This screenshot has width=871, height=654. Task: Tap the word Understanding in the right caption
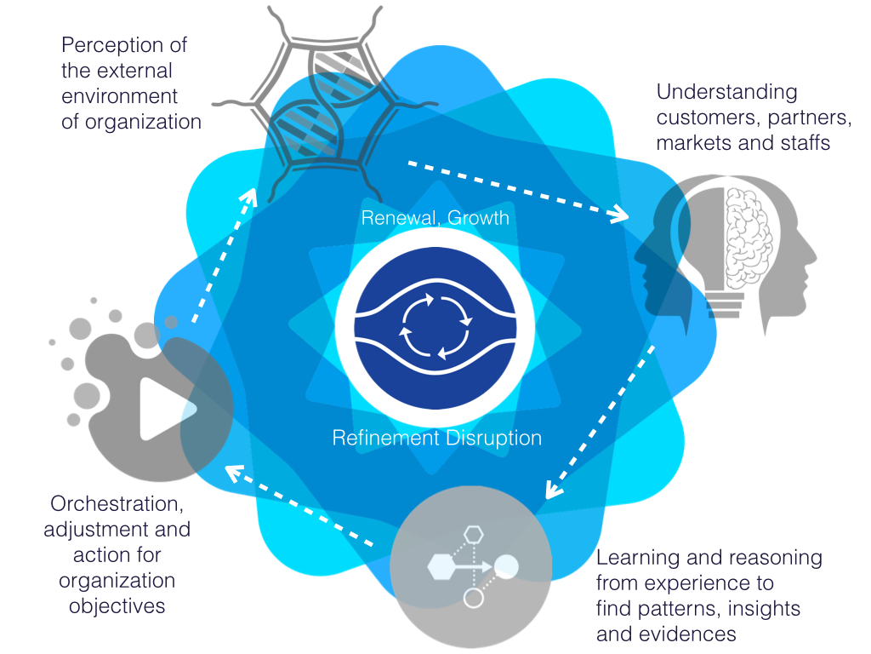pos(715,92)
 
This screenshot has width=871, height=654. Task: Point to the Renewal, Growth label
pos(435,218)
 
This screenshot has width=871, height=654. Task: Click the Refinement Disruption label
pos(436,439)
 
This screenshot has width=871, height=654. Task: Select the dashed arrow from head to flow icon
pos(601,421)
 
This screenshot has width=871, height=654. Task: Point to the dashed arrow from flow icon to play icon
pos(302,507)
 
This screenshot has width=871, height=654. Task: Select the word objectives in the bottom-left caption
pos(117,606)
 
